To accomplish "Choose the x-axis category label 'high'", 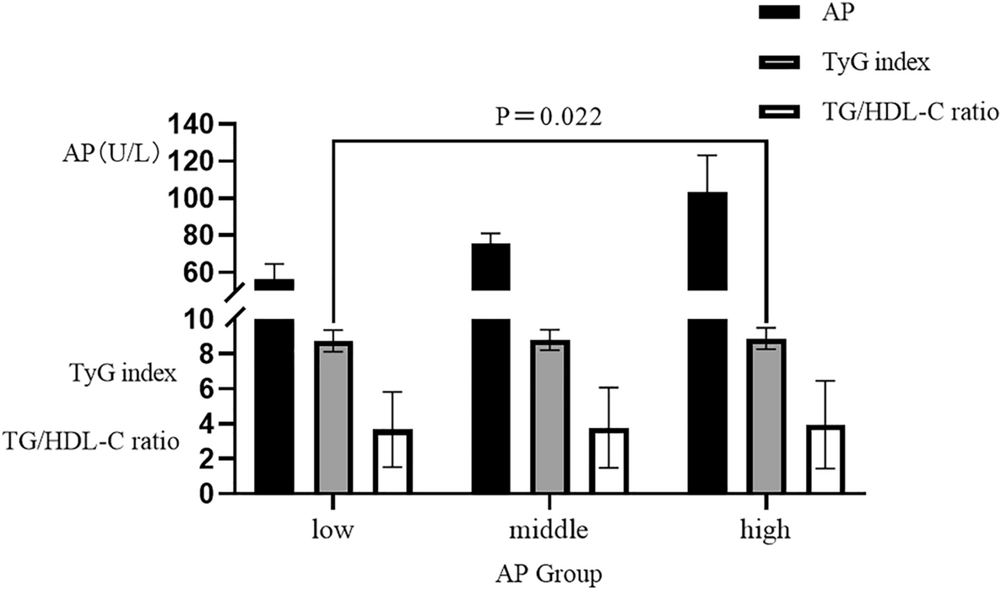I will click(764, 530).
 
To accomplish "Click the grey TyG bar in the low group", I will click(335, 417).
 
